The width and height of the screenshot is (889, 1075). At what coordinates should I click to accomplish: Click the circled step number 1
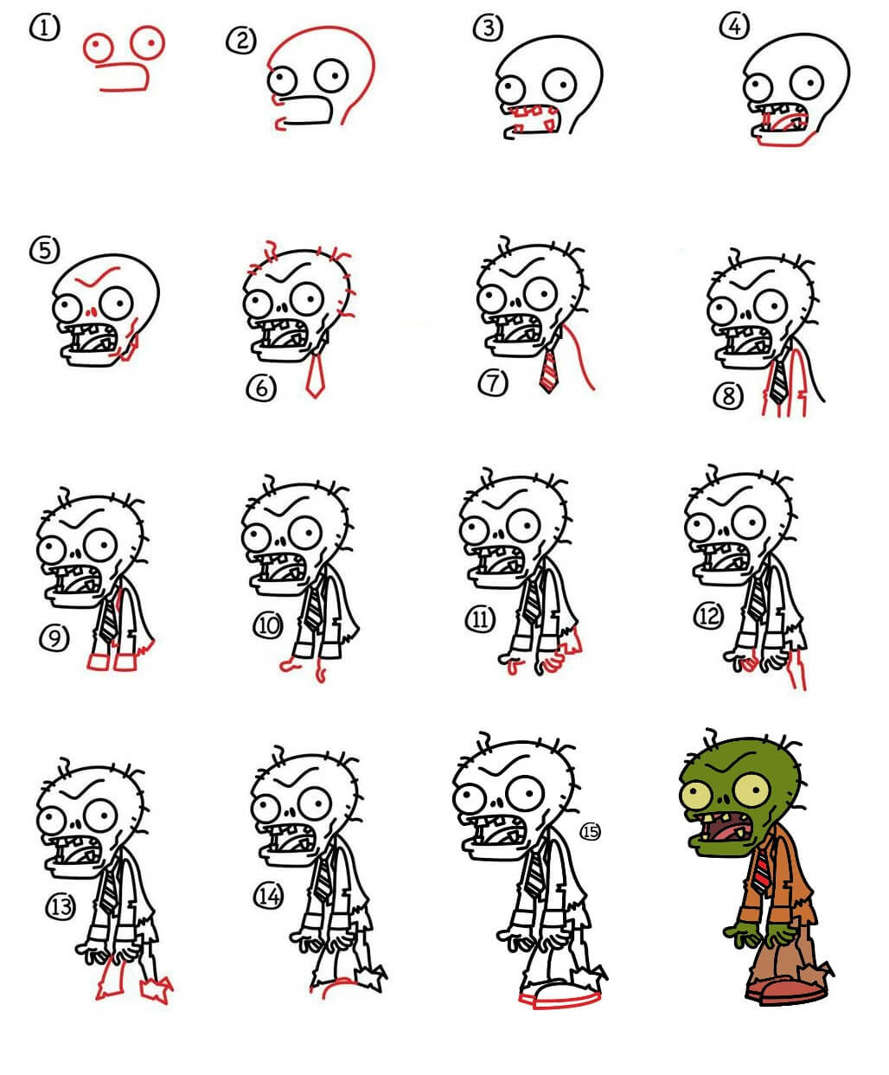[45, 28]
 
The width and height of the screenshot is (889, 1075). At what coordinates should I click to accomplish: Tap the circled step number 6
[261, 387]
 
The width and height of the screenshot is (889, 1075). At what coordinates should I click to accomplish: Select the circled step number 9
[54, 638]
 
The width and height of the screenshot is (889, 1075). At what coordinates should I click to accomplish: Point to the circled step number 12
[709, 616]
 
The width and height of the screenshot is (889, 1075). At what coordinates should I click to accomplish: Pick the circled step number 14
[269, 896]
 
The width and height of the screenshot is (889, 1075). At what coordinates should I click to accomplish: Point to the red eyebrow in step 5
[98, 277]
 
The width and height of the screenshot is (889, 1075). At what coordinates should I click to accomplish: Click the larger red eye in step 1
[147, 42]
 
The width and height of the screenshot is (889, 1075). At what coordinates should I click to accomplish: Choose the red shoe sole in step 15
[560, 1001]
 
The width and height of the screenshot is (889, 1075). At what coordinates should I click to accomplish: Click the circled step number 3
[488, 28]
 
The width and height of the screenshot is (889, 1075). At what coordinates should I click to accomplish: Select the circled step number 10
[268, 626]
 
